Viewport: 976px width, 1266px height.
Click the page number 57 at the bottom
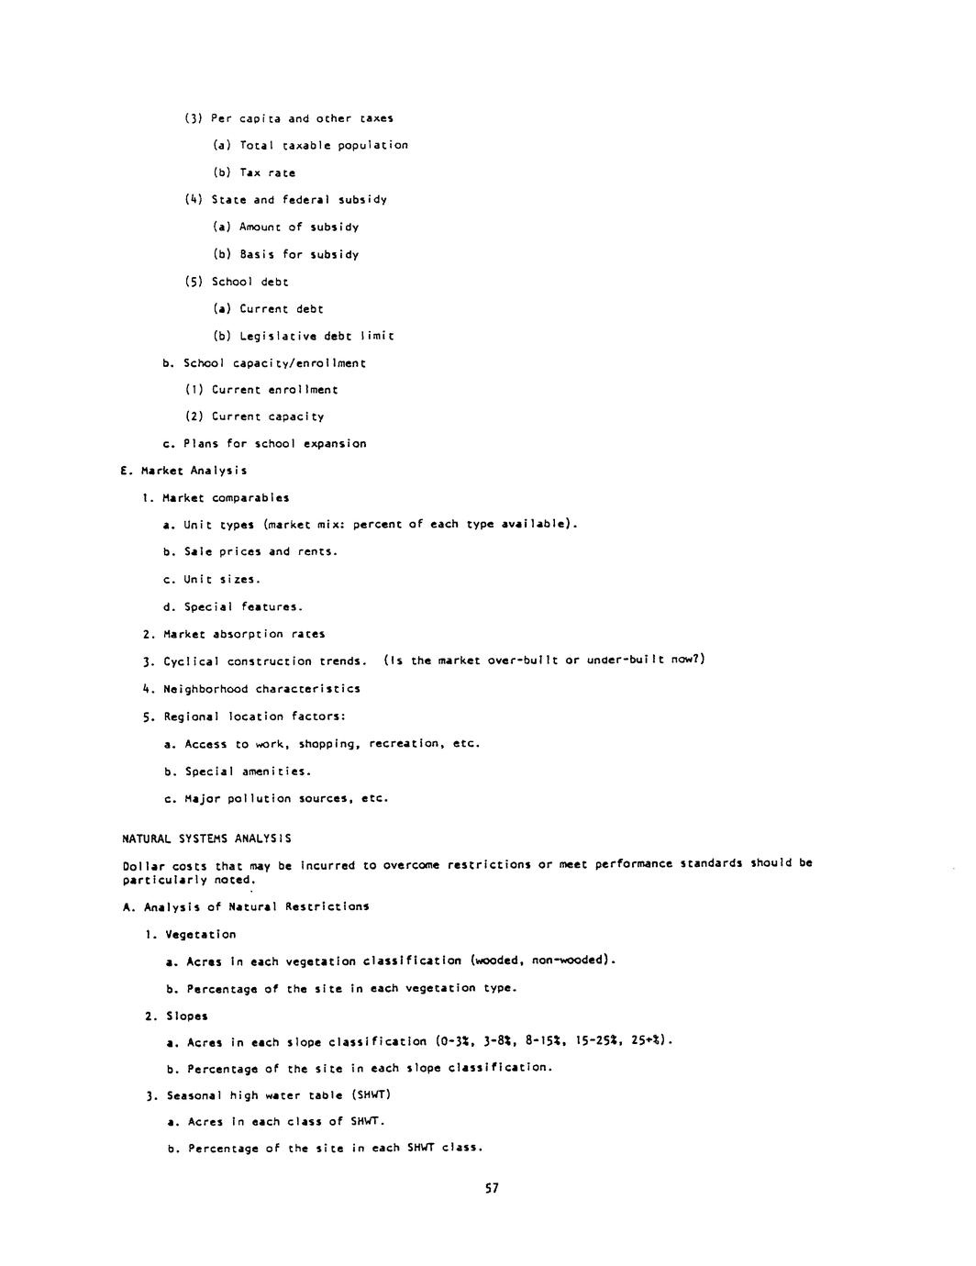point(492,1188)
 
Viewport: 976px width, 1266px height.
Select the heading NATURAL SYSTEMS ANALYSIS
point(206,838)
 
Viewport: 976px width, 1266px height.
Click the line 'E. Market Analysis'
point(183,471)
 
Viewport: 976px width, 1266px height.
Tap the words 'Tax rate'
point(268,172)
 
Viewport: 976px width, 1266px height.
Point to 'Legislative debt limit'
point(316,336)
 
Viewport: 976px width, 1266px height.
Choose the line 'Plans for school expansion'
point(274,444)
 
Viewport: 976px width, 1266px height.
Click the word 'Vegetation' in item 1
point(201,934)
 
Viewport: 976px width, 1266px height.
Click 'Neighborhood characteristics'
point(261,689)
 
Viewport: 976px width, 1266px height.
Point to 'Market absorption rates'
point(244,634)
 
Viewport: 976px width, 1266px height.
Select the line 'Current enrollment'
point(274,390)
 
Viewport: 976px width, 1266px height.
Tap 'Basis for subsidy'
point(299,254)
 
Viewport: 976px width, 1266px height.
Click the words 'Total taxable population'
point(324,145)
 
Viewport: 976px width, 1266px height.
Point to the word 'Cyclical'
point(192,661)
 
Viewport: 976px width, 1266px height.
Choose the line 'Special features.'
point(243,606)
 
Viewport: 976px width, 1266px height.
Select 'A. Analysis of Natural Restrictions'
point(246,906)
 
